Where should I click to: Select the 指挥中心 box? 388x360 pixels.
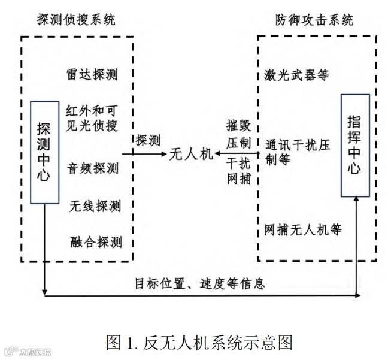[x=355, y=145]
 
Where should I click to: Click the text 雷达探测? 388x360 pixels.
[x=93, y=74]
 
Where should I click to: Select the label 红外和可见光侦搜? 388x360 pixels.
[x=92, y=118]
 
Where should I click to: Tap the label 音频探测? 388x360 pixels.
[x=93, y=167]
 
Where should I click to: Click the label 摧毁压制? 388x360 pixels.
[x=238, y=135]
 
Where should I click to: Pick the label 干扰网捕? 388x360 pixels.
[x=238, y=171]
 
